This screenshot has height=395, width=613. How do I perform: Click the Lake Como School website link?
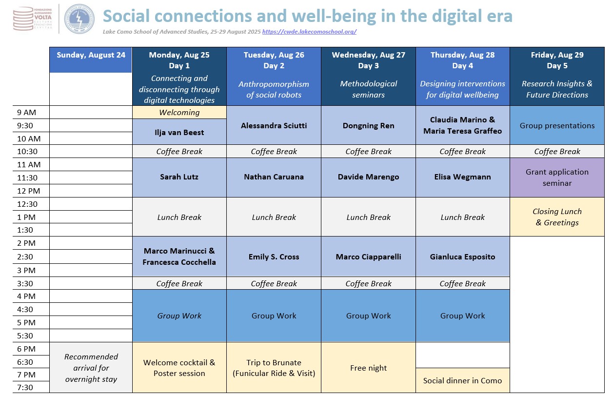click(x=309, y=32)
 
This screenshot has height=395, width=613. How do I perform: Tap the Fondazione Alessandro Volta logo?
click(x=33, y=19)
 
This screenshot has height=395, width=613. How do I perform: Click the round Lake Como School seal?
click(x=79, y=19)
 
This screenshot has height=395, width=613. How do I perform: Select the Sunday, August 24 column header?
click(x=91, y=60)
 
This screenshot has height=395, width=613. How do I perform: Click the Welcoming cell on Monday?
click(x=179, y=112)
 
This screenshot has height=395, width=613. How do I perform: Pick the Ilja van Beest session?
click(x=179, y=132)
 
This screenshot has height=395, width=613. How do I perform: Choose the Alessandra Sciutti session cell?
click(x=274, y=125)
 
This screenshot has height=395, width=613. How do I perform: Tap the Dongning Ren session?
click(x=368, y=125)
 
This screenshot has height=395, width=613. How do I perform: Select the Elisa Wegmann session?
click(x=462, y=177)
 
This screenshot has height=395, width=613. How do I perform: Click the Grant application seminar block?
click(x=557, y=178)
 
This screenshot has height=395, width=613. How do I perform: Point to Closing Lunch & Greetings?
click(x=557, y=217)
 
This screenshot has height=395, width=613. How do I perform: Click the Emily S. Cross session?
click(x=274, y=257)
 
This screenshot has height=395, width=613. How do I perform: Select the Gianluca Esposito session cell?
click(x=462, y=257)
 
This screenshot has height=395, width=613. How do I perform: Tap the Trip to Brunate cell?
click(x=274, y=367)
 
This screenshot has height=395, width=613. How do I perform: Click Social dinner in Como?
click(x=462, y=380)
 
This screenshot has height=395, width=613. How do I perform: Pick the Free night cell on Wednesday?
click(x=368, y=367)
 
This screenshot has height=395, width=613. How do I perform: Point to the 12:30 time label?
click(x=27, y=204)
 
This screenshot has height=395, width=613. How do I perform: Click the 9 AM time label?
click(x=26, y=113)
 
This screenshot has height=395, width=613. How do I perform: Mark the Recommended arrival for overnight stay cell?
click(x=91, y=368)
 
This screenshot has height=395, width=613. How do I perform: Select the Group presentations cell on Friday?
click(x=557, y=125)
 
